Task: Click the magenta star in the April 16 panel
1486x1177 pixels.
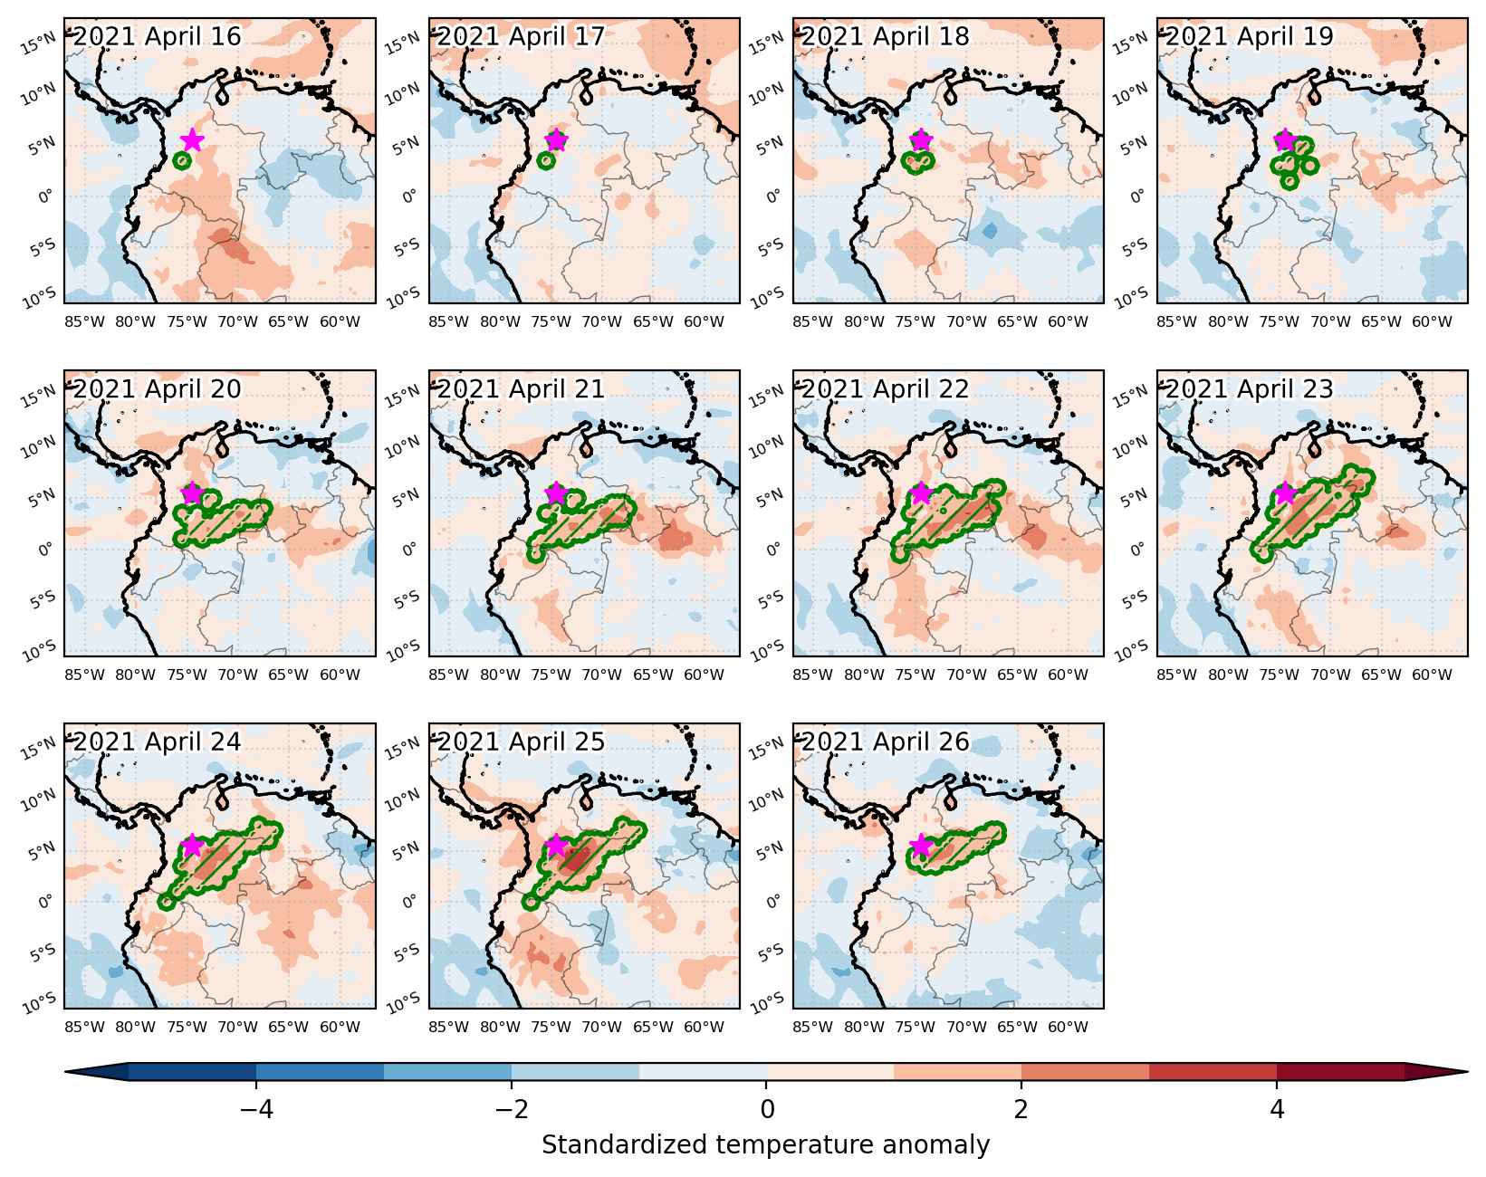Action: tap(193, 140)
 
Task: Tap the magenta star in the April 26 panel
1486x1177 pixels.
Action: tap(921, 845)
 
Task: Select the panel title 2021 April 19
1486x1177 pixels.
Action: tap(1249, 36)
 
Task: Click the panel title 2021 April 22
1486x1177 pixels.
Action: tap(886, 388)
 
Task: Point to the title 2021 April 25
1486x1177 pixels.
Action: tap(521, 742)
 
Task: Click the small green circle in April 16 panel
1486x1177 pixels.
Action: tap(182, 161)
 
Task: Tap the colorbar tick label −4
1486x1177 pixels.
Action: tap(256, 1109)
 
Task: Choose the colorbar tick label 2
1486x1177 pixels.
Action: tap(1021, 1109)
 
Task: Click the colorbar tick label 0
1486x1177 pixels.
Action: tap(766, 1109)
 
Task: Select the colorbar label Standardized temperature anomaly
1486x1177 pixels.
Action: tap(766, 1144)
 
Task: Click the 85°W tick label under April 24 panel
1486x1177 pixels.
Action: tap(84, 1028)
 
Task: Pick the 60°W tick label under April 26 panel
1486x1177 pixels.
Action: tap(1068, 1028)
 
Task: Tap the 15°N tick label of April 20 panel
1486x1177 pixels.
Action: tap(38, 397)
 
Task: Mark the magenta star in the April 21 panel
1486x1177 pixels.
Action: tap(557, 493)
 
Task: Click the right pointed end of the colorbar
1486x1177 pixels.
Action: tap(1468, 1071)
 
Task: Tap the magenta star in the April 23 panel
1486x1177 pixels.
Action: tap(1285, 493)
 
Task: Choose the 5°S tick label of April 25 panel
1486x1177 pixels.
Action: tap(406, 952)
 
